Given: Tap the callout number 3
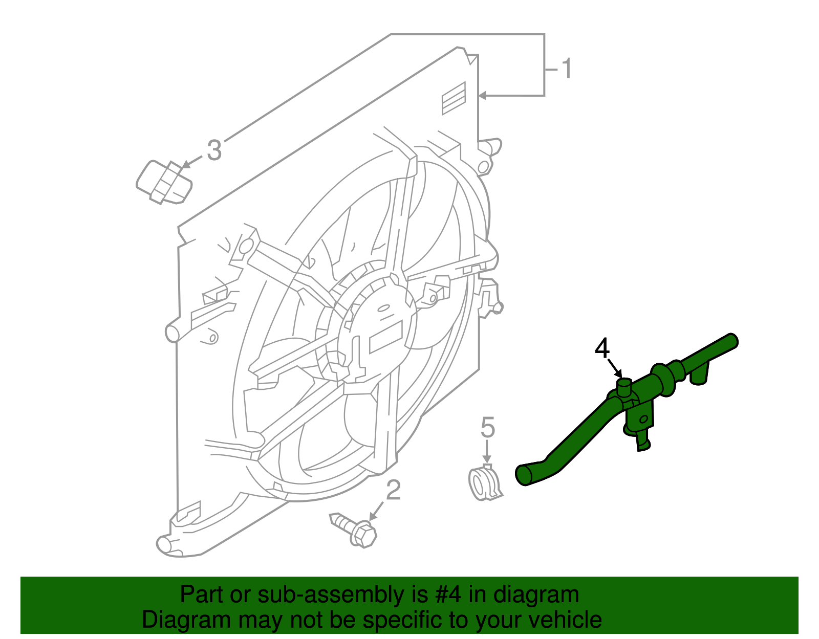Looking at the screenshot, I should [214, 150].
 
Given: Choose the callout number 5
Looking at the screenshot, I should [488, 427].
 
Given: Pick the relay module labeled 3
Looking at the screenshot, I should [164, 183].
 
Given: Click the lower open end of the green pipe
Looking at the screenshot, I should [524, 475].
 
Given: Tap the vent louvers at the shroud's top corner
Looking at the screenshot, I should [454, 98].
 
